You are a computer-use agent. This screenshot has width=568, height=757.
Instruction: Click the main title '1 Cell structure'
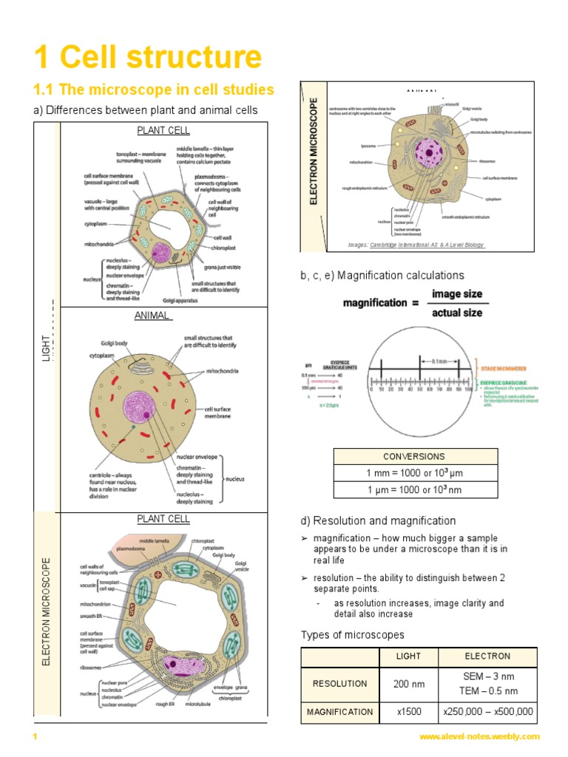pyautogui.click(x=148, y=57)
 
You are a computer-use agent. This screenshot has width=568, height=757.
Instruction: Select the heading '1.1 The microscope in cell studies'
pyautogui.click(x=154, y=90)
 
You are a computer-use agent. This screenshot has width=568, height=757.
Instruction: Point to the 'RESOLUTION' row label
pyautogui.click(x=339, y=684)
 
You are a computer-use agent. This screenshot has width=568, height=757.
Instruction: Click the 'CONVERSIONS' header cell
pyautogui.click(x=414, y=456)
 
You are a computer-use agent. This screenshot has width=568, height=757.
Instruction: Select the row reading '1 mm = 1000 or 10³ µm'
pyautogui.click(x=414, y=472)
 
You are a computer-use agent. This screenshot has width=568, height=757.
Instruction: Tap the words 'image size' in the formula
pyautogui.click(x=456, y=293)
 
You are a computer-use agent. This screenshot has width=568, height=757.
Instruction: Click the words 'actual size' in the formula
pyautogui.click(x=456, y=313)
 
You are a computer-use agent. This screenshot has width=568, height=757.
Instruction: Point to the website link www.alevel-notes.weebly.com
pyautogui.click(x=479, y=736)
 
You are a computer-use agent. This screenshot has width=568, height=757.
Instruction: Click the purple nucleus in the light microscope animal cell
pyautogui.click(x=139, y=407)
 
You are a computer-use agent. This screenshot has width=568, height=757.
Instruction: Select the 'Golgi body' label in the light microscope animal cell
pyautogui.click(x=116, y=344)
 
